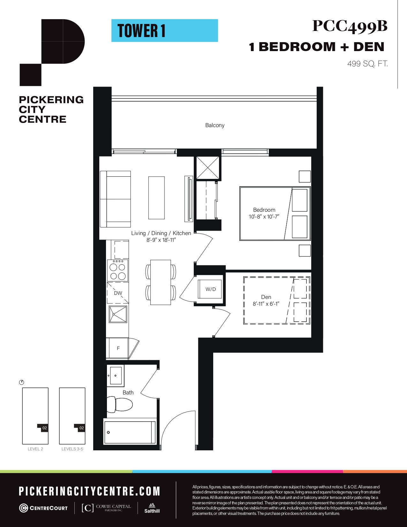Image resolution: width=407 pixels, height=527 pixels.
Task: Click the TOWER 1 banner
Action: tap(165, 31)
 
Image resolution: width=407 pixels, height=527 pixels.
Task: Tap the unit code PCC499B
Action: tap(350, 26)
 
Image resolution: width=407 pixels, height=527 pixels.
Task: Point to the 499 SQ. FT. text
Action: tap(367, 64)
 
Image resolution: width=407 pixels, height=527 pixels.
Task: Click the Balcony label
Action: tap(215, 126)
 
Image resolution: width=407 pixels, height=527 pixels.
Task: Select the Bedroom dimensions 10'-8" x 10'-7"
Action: tap(264, 217)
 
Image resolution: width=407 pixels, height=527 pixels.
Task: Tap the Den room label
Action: tap(266, 297)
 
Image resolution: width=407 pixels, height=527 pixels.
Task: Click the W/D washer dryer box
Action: tap(210, 289)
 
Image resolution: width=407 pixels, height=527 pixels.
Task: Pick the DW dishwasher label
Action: tap(118, 293)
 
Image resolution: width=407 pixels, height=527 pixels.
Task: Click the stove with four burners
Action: tap(118, 271)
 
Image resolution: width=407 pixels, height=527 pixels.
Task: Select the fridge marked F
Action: tap(118, 348)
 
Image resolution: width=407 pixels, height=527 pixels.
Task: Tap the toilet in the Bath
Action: tap(120, 404)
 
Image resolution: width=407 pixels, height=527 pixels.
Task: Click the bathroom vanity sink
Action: tap(116, 376)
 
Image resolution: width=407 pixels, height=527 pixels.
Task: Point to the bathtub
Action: tap(130, 432)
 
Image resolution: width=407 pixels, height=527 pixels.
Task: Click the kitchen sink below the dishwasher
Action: tap(118, 314)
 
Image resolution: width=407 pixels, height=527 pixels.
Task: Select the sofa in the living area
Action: tap(115, 199)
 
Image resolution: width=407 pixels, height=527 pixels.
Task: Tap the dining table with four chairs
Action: tap(161, 282)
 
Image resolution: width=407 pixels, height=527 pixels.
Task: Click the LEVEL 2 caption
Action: tap(35, 449)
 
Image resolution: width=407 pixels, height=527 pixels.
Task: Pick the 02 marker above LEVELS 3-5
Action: tap(82, 428)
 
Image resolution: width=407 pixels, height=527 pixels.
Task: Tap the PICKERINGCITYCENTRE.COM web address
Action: tap(89, 491)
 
